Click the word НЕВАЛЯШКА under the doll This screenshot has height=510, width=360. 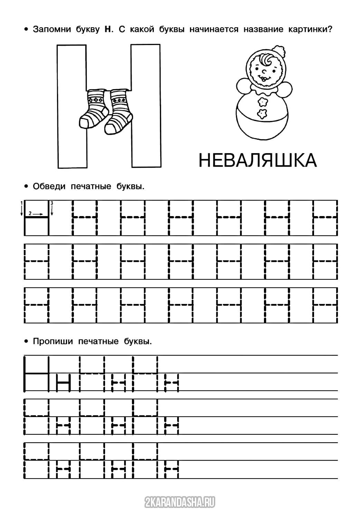coord(257,160)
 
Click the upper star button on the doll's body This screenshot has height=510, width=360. coord(263,101)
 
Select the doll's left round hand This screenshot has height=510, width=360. coord(243,86)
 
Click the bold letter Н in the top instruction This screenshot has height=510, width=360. coord(107,30)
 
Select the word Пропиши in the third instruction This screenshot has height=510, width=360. coord(53,342)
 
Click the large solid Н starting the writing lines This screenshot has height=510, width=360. coord(36,374)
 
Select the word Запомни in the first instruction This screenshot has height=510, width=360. coord(51,30)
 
